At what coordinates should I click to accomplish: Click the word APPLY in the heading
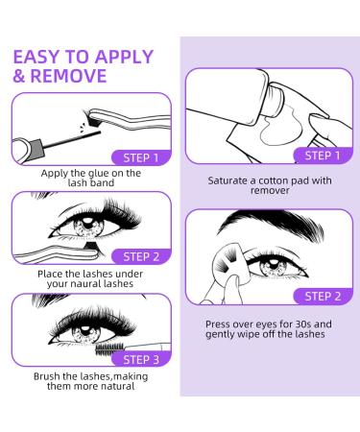pos(124,57)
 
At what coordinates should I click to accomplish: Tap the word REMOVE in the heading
pos(68,76)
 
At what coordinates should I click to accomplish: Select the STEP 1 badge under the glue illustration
pos(141,157)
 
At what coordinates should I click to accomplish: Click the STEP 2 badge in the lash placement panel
pos(141,256)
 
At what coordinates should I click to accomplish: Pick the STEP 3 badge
pos(141,359)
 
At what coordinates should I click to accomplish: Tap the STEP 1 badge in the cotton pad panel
pos(323,156)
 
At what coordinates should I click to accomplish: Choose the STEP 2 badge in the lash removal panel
pos(323,297)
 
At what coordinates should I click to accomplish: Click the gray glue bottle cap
pos(36,149)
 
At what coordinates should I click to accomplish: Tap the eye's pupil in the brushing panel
pos(84,329)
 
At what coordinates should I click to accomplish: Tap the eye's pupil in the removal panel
pos(273,264)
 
